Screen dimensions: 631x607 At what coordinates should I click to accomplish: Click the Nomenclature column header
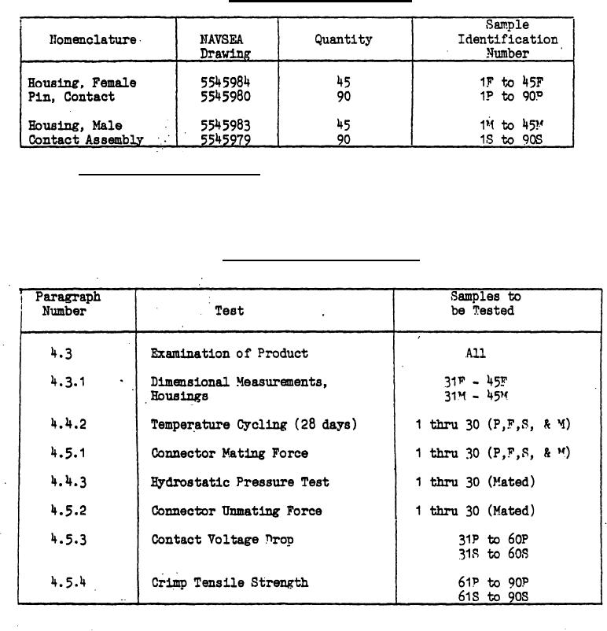[93, 39]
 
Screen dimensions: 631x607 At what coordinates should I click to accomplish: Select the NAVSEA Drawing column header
[225, 46]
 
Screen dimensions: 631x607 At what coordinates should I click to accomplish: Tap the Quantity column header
[344, 39]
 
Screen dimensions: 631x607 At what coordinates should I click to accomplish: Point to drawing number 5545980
[225, 97]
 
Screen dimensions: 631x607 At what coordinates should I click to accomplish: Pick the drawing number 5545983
[225, 125]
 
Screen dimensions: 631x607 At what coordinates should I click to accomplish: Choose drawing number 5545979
[225, 140]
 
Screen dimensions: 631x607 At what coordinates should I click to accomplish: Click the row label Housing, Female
[82, 83]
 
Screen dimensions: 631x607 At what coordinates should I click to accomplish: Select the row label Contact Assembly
[86, 140]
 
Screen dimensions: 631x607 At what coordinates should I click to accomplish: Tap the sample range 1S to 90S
[511, 140]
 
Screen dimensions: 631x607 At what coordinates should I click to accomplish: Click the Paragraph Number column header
[68, 304]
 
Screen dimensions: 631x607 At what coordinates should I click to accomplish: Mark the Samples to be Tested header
[485, 304]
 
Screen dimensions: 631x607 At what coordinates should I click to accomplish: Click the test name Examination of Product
[229, 353]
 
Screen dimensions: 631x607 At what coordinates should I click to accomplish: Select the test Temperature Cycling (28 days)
[254, 425]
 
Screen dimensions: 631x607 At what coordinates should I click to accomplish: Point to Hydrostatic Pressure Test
[239, 482]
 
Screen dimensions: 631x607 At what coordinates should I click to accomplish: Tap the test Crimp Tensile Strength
[229, 583]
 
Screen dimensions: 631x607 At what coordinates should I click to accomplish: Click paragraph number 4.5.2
[68, 511]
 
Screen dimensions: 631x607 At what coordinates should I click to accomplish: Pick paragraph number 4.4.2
[68, 425]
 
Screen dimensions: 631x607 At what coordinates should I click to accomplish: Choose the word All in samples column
[475, 353]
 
